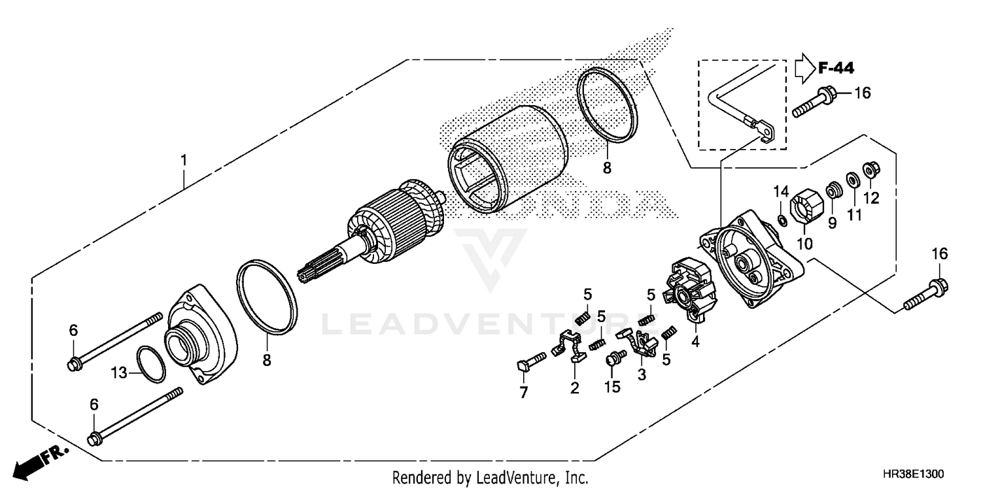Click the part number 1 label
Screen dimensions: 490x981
coord(184,159)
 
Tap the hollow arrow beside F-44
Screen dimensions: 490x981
coord(804,67)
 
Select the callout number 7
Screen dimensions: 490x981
coord(523,392)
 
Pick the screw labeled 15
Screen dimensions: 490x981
coord(614,358)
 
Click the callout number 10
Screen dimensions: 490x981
coord(804,244)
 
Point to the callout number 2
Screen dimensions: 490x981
coord(574,388)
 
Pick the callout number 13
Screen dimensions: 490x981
coord(118,373)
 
